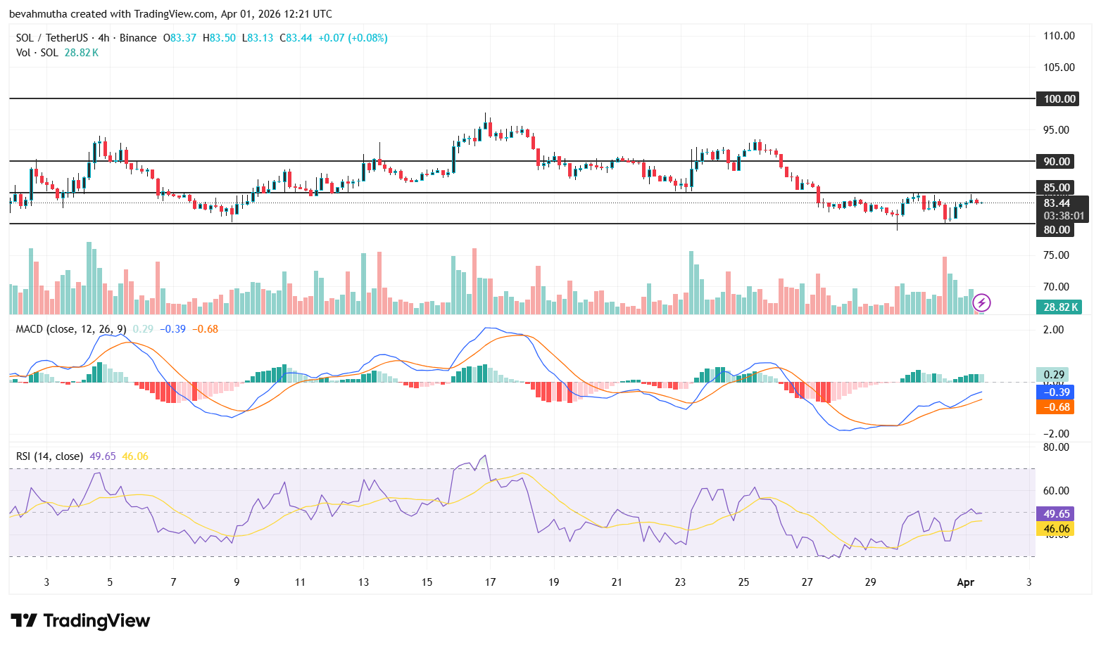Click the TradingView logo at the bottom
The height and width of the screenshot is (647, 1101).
coord(80,620)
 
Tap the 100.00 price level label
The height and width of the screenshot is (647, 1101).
coord(1058,98)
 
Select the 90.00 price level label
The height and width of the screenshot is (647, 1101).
coord(1057,161)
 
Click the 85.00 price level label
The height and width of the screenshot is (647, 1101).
coord(1057,187)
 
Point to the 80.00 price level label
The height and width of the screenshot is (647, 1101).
coord(1057,229)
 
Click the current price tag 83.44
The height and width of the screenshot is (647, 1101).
coord(1057,203)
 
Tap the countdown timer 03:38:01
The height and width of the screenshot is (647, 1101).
coord(1063,216)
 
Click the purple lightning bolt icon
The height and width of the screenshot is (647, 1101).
coord(981,303)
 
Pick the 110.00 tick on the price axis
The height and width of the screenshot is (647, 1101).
coord(1059,35)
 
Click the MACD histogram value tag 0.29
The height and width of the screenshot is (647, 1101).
coord(1053,374)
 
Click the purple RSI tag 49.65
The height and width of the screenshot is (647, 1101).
coord(1055,513)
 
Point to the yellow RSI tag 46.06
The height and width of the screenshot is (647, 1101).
coord(1055,529)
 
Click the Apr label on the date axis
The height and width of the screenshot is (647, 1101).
coord(965,582)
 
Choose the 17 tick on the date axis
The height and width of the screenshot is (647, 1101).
coord(490,582)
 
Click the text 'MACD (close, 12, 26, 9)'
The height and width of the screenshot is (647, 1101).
coord(71,328)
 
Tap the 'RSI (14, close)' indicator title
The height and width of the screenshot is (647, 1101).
coord(49,456)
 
